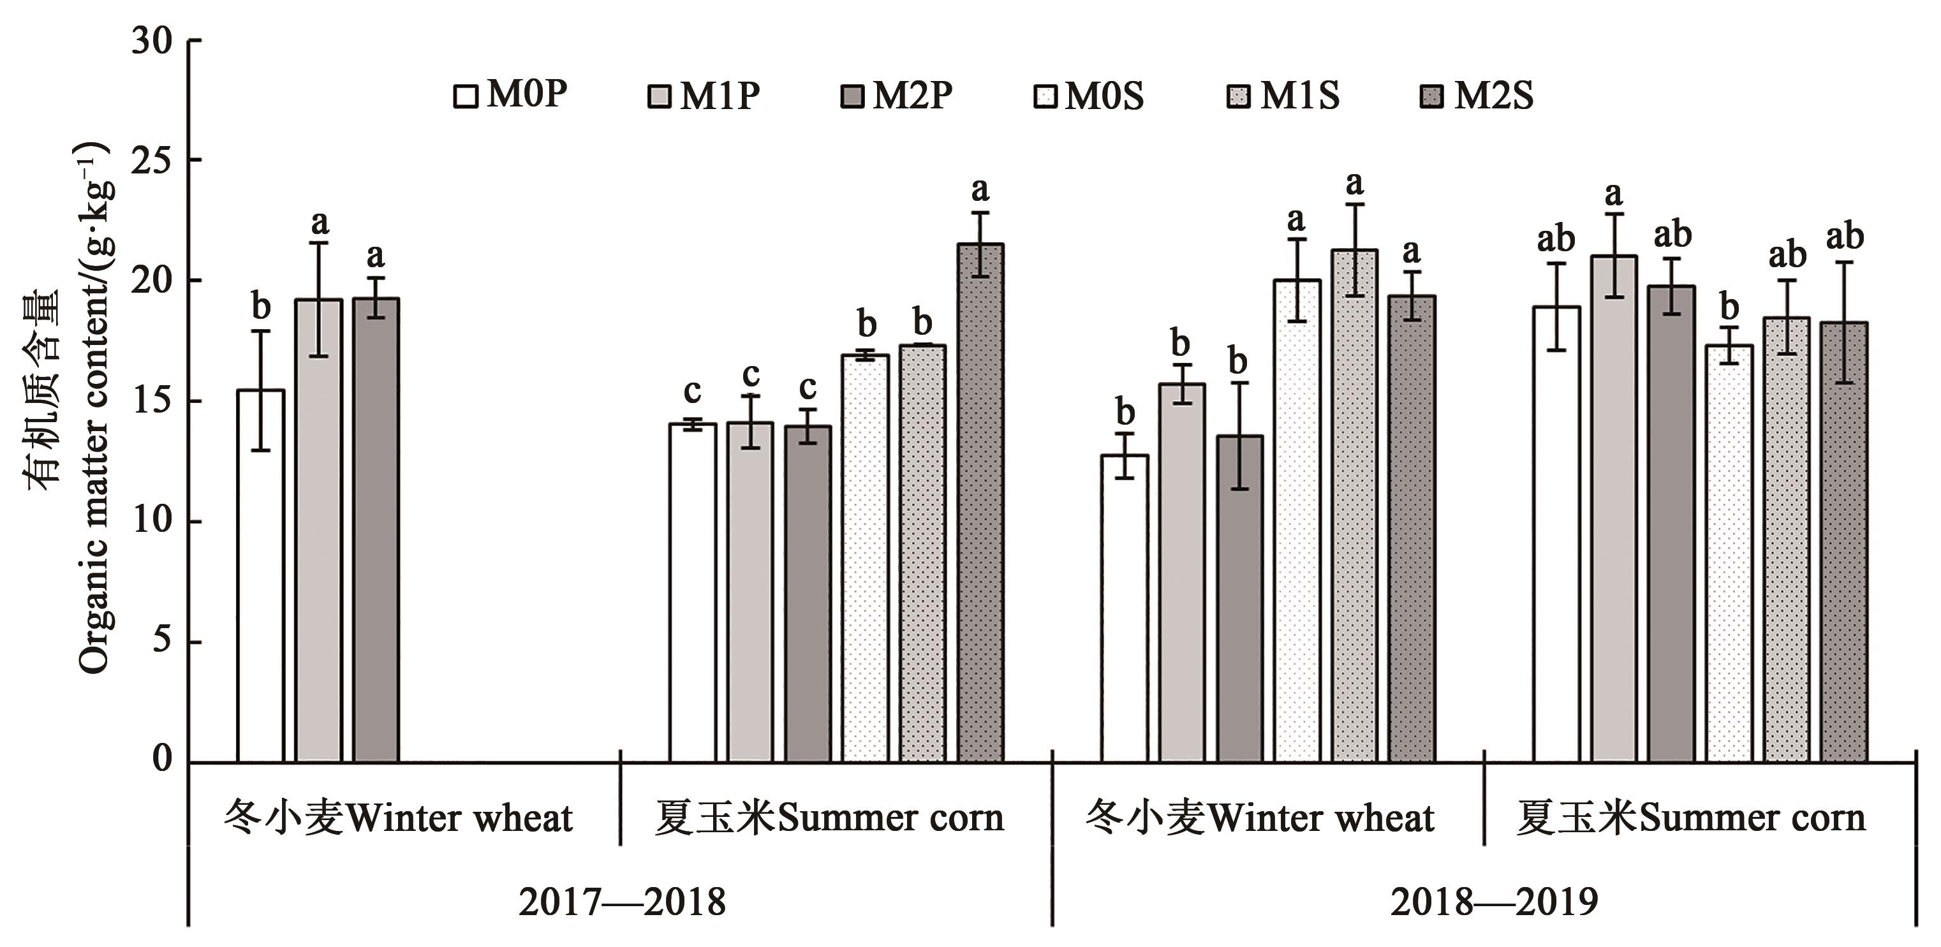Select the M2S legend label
(1493, 96)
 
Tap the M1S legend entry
(1284, 96)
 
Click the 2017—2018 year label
(623, 902)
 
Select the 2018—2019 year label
(1494, 902)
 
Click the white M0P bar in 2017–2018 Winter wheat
(261, 576)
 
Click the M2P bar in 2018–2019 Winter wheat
(1239, 599)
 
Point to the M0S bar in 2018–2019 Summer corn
(1729, 554)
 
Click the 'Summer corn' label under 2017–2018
(829, 818)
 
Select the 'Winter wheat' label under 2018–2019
(1260, 818)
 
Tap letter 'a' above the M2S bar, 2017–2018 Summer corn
(980, 190)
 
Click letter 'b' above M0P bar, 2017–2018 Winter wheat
(261, 307)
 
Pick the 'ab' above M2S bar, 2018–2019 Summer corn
(1845, 237)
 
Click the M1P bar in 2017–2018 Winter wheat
(318, 531)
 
